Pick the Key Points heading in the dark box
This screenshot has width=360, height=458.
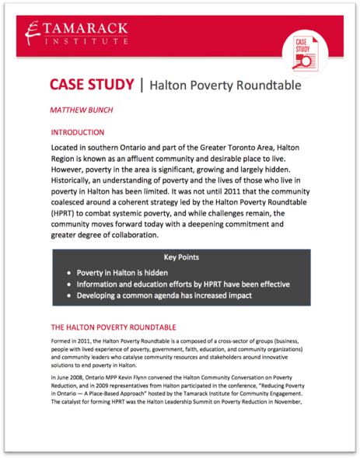click(180, 257)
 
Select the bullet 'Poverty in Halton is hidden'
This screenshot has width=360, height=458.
click(128, 274)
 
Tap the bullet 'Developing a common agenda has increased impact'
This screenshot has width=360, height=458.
click(174, 296)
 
